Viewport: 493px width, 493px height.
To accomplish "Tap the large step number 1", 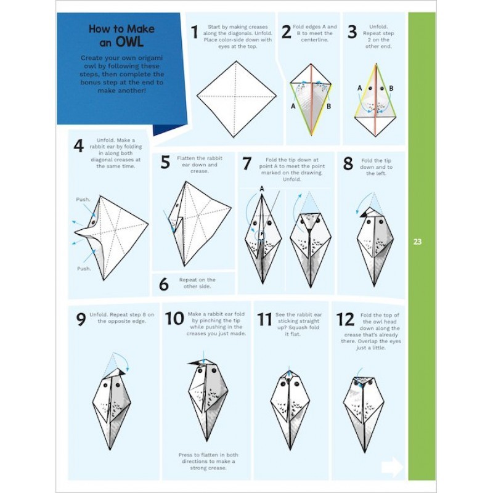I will tap(195, 32).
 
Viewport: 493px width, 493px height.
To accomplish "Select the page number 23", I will tap(417, 242).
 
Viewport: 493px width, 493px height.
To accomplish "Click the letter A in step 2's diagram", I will tap(293, 105).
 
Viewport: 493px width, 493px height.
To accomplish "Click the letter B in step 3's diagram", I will tap(391, 88).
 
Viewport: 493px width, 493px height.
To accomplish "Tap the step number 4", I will tap(78, 147).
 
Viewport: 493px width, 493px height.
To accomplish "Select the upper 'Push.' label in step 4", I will tap(83, 200).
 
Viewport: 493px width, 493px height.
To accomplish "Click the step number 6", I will tap(163, 285).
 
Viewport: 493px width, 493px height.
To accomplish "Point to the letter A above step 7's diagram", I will tap(261, 189).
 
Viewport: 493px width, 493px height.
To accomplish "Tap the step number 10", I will tap(174, 319).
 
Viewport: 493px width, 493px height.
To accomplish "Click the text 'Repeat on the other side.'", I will tap(197, 283).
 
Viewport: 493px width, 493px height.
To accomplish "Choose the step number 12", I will tap(345, 319).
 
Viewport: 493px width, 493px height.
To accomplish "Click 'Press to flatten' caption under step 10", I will tap(207, 462).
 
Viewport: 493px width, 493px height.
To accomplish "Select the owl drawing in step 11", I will tap(290, 407).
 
